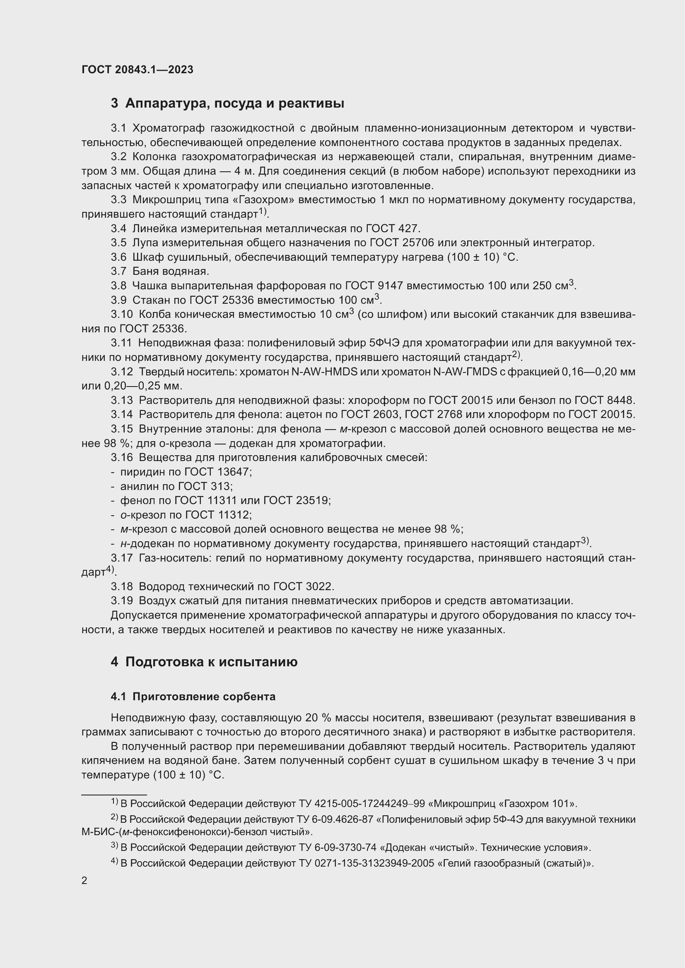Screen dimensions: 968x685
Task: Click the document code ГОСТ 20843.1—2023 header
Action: pyautogui.click(x=137, y=70)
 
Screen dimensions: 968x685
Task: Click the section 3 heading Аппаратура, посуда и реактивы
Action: pyautogui.click(x=227, y=103)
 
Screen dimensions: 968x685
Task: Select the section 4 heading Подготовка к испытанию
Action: pyautogui.click(x=204, y=661)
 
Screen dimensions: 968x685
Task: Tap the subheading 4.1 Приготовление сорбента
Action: pyautogui.click(x=193, y=697)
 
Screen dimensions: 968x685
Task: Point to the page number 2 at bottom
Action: pyautogui.click(x=84, y=880)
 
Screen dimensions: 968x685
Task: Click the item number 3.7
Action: pyautogui.click(x=118, y=271)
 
